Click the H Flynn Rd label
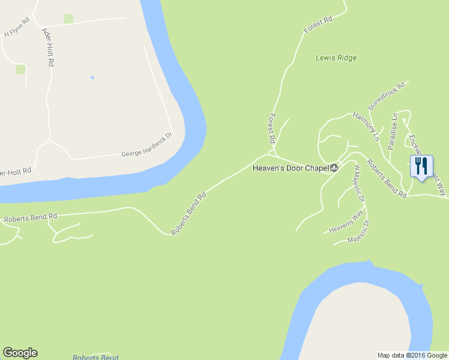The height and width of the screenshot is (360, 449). tap(17, 27)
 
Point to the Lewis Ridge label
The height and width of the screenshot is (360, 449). tap(336, 58)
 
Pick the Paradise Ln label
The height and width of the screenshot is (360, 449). tap(393, 131)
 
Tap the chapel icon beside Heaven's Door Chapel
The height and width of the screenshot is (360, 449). tap(334, 168)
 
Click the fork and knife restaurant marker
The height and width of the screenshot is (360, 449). tap(420, 166)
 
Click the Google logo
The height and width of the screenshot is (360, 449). tap(20, 353)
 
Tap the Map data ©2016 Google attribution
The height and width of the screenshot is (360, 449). tap(412, 355)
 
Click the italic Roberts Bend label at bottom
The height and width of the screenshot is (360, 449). tap(95, 358)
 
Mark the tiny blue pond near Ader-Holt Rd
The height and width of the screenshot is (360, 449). tap(92, 77)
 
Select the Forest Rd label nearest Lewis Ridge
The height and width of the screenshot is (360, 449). tap(318, 25)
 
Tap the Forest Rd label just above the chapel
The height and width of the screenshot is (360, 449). tap(272, 128)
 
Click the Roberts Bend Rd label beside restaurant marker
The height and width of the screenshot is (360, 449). tap(387, 179)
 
